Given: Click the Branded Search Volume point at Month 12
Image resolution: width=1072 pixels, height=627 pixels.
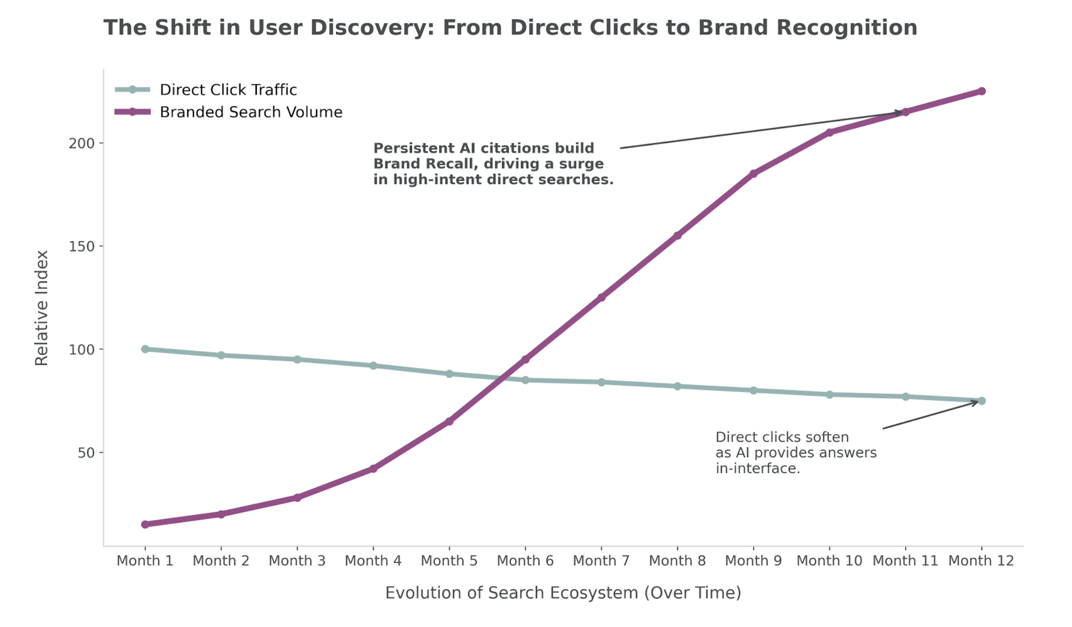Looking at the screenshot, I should pyautogui.click(x=981, y=91).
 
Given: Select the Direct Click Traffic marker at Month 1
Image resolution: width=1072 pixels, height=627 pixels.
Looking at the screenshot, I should pyautogui.click(x=145, y=349).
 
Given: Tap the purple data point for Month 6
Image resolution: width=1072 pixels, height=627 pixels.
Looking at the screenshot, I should pyautogui.click(x=525, y=359).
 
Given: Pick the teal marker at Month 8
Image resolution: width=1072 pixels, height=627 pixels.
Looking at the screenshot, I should pyautogui.click(x=677, y=386).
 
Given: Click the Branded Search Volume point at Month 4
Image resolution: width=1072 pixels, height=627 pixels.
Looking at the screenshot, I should pyautogui.click(x=373, y=468).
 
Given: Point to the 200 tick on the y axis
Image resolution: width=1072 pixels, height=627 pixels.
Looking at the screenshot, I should pyautogui.click(x=81, y=143).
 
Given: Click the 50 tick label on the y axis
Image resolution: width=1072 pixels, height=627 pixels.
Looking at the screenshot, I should pyautogui.click(x=86, y=453).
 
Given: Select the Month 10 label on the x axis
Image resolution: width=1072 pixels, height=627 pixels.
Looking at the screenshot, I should pyautogui.click(x=829, y=560).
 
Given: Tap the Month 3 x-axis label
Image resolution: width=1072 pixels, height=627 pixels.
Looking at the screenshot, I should pyautogui.click(x=297, y=560).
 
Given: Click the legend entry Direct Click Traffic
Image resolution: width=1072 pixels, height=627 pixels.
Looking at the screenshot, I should pyautogui.click(x=228, y=90).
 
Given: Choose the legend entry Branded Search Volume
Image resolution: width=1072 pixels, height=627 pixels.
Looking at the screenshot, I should pyautogui.click(x=251, y=112).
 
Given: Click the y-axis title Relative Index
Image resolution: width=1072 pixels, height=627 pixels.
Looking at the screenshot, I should pyautogui.click(x=41, y=308).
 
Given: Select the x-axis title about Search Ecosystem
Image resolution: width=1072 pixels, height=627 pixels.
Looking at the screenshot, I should pyautogui.click(x=563, y=592).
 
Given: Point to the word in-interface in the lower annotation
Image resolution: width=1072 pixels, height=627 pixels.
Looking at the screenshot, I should pyautogui.click(x=757, y=468).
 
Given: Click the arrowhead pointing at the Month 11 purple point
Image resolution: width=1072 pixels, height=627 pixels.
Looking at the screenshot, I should pyautogui.click(x=899, y=112).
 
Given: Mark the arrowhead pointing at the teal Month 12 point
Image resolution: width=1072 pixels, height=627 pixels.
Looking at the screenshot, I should pyautogui.click(x=975, y=402).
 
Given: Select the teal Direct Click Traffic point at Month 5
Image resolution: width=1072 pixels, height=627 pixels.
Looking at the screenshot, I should pyautogui.click(x=449, y=374).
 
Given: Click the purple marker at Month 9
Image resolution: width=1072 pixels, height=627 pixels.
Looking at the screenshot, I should pyautogui.click(x=753, y=173).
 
